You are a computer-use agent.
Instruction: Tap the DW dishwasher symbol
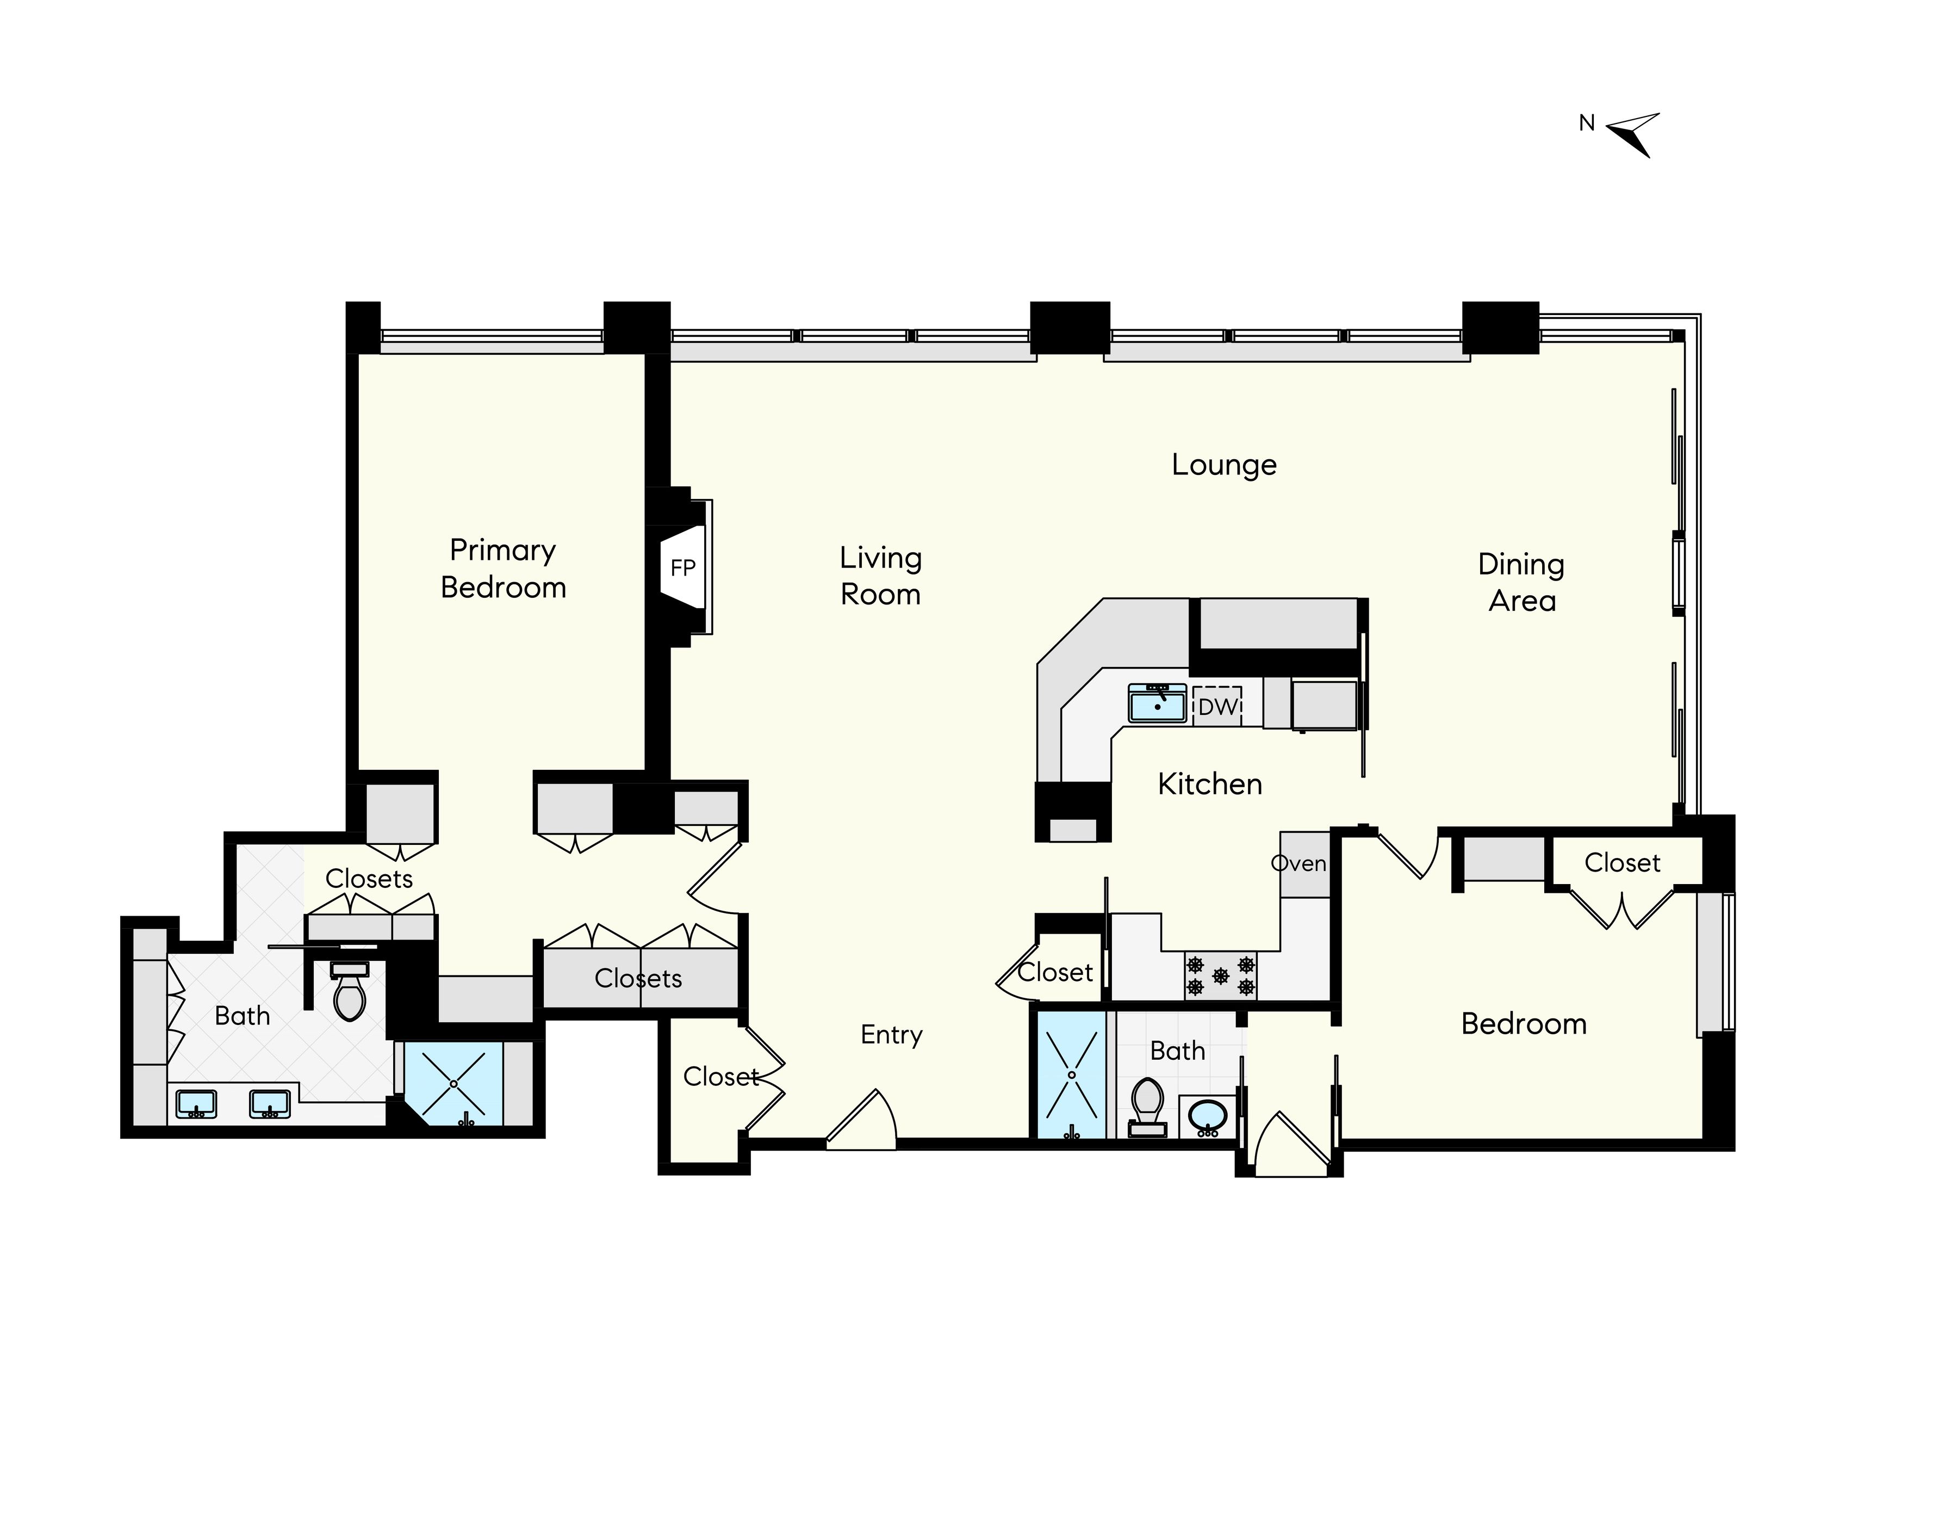point(1217,706)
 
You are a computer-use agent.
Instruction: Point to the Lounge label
point(1224,464)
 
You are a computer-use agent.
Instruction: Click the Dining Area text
point(1521,583)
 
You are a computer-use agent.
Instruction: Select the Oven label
point(1299,863)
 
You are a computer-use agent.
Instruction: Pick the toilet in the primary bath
point(350,992)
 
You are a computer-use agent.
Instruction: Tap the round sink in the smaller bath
point(1207,1116)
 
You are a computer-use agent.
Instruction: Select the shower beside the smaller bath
point(1072,1074)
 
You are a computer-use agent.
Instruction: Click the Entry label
point(892,1034)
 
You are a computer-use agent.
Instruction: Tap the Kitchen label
point(1210,785)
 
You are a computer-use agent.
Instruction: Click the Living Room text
point(880,576)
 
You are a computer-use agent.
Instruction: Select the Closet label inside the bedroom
point(1622,862)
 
